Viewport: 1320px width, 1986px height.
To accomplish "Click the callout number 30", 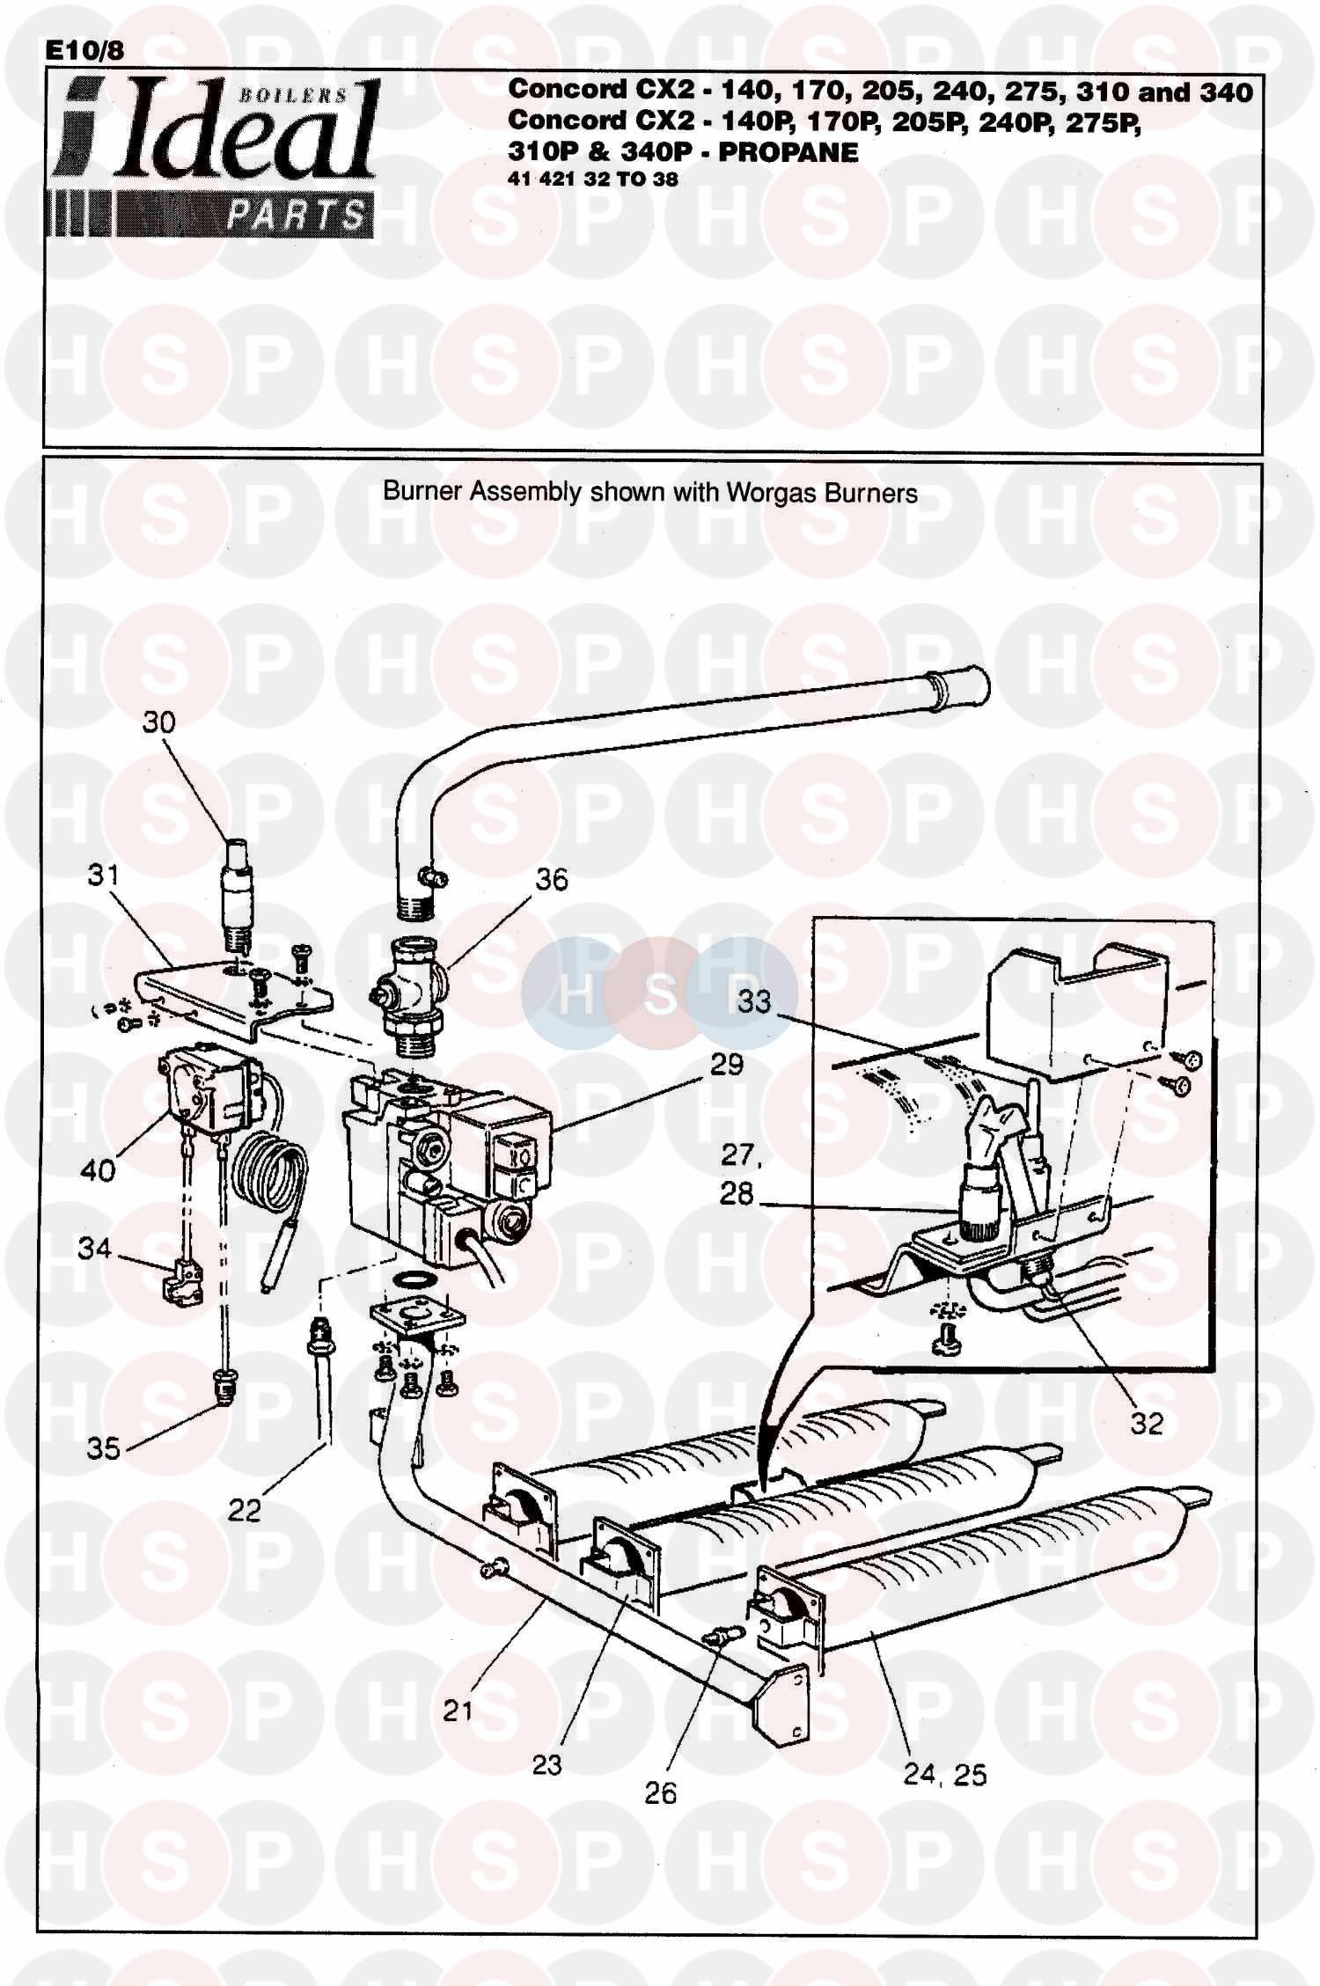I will click(159, 722).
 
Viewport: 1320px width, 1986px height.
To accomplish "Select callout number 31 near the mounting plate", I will click(103, 875).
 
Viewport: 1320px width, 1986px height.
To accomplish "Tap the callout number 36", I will click(552, 879).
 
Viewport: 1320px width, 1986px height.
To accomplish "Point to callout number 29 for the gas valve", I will click(727, 1064).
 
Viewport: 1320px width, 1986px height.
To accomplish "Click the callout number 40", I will click(98, 1169).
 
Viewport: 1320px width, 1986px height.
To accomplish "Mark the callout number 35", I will click(103, 1448).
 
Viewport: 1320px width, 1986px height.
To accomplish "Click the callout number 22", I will click(245, 1510).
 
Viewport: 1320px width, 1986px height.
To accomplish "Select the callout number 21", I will click(458, 1711).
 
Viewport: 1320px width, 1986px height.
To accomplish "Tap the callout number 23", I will click(546, 1764).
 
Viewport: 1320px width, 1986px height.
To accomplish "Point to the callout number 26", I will click(661, 1793).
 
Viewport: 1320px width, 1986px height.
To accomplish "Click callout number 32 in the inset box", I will click(1147, 1424).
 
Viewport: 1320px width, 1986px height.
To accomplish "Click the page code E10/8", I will click(85, 51).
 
